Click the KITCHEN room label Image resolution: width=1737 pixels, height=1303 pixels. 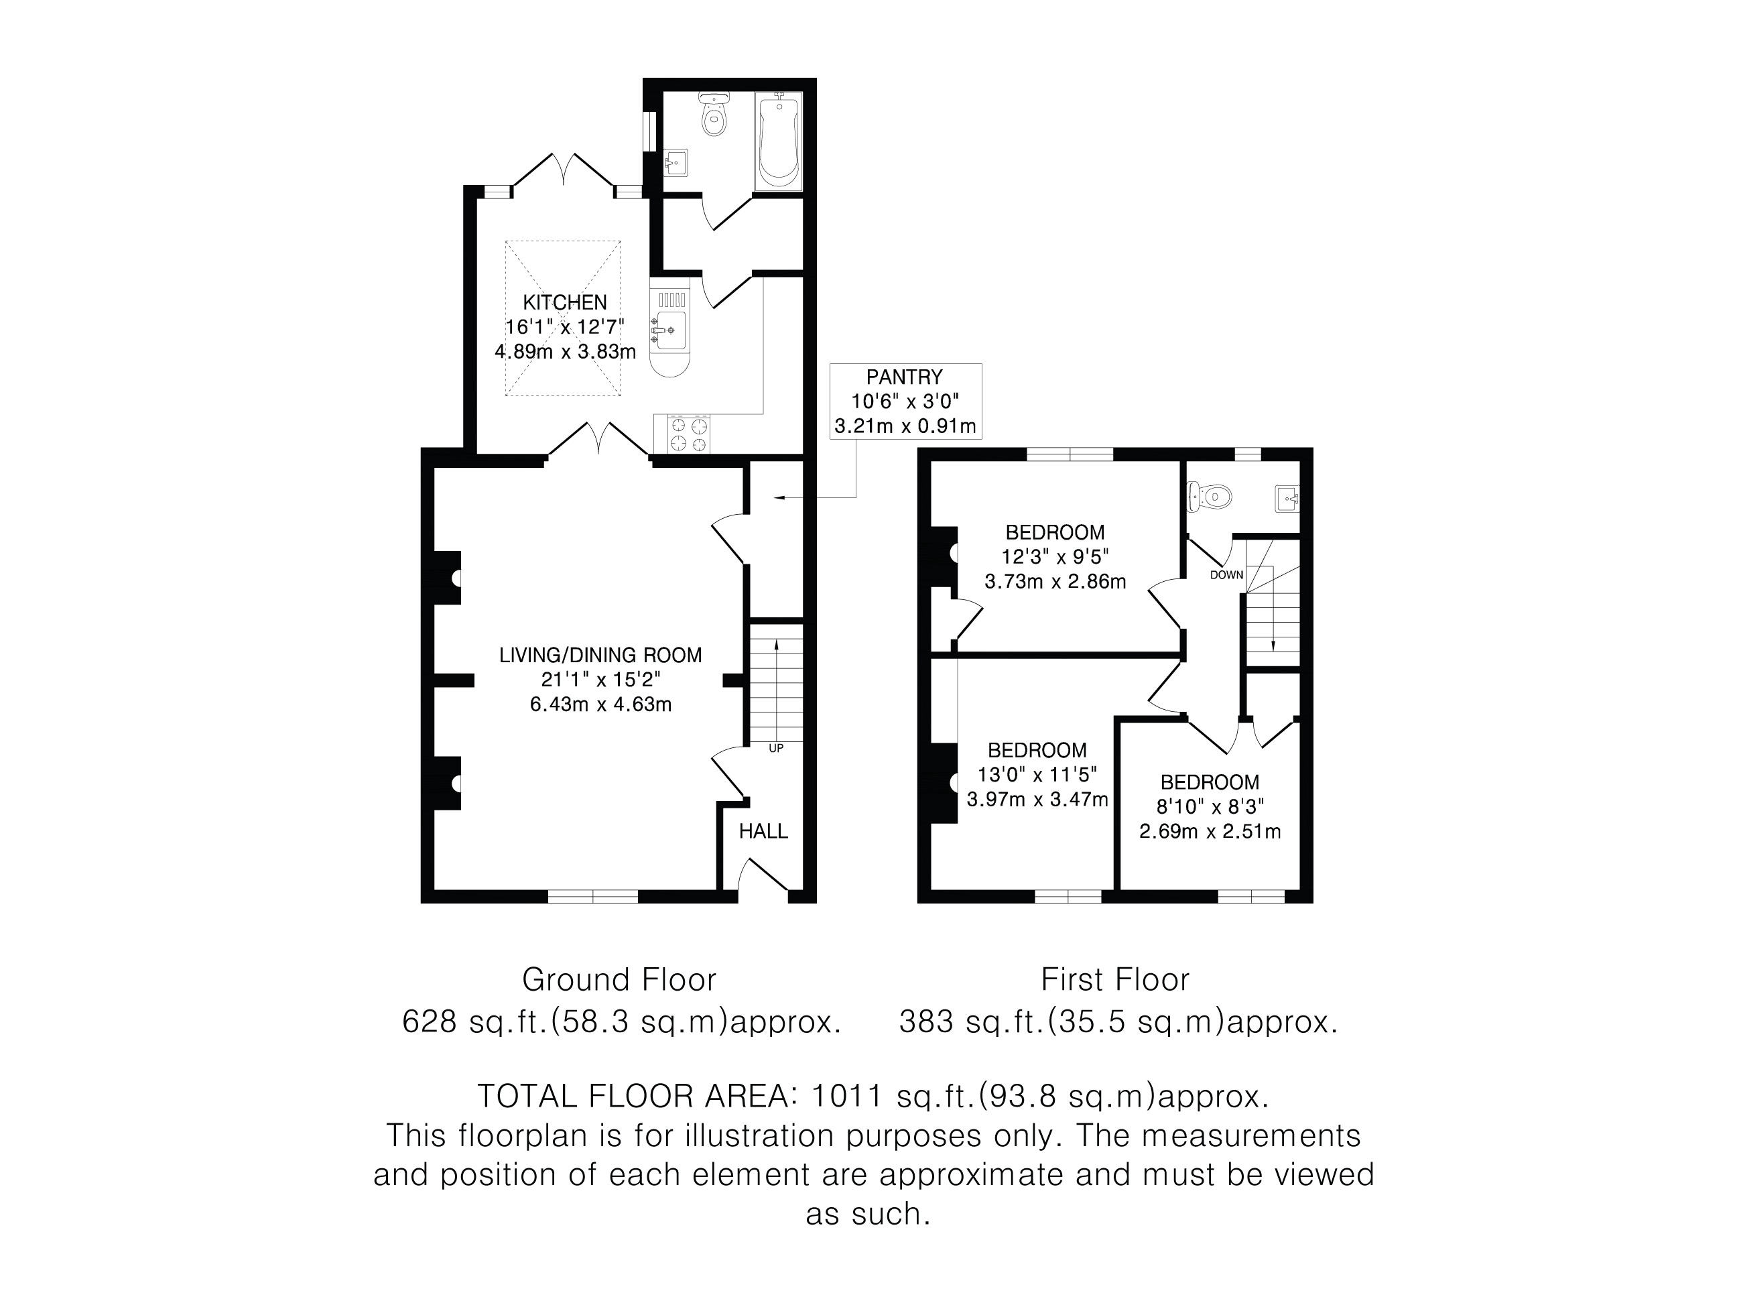coord(566,302)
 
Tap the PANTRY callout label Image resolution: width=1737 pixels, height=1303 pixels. coord(905,377)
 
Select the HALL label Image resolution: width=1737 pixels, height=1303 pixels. coord(763,831)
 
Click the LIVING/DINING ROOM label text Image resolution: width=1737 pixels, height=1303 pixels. coord(600,655)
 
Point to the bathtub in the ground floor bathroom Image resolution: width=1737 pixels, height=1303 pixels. coord(779,141)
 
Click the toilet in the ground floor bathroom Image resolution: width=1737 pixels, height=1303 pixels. coord(714,114)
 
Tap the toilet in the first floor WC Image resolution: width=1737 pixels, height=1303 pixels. coord(1210,495)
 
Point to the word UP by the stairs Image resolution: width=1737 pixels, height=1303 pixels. coord(776,749)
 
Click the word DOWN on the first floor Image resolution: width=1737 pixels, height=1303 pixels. coord(1226,575)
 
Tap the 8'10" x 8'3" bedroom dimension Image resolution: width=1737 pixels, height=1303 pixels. coord(1210,806)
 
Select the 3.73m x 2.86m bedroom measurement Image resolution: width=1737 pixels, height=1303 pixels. coord(1055,581)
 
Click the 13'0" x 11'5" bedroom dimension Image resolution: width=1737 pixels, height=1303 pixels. coord(1037,774)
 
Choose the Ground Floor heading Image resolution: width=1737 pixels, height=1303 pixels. coord(620,979)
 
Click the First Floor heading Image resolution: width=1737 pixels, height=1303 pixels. coord(1115,979)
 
